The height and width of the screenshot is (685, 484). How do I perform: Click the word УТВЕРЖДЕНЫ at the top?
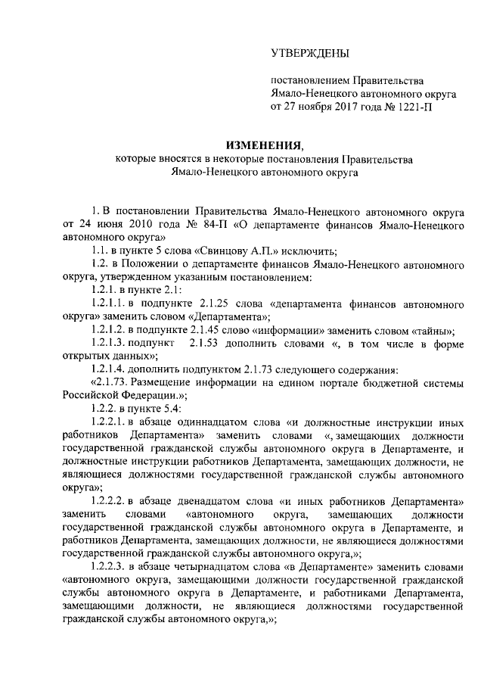click(310, 53)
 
